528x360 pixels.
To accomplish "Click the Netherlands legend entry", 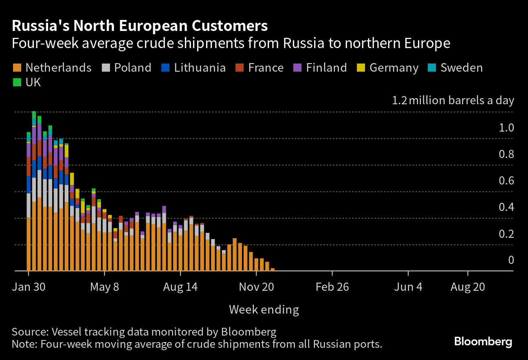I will pos(52,68).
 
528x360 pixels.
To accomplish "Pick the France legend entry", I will pos(260,68).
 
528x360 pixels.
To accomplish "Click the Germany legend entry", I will pos(388,68).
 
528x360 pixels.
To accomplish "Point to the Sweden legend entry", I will pos(456,68).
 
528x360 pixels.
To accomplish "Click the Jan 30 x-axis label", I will pos(29,287).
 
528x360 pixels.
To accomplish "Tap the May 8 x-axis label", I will pos(105,287).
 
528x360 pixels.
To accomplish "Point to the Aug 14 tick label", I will pos(180,287).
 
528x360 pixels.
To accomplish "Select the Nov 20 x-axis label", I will pos(256,287).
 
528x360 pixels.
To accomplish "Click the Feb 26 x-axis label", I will pos(332,287).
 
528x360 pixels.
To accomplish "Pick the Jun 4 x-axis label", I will pos(408,287).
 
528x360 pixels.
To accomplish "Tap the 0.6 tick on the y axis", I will pos(506,181).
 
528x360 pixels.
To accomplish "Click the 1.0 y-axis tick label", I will pos(506,128).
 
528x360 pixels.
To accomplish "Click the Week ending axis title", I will pos(264,310).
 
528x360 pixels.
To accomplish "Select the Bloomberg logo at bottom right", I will pos(483,341).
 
